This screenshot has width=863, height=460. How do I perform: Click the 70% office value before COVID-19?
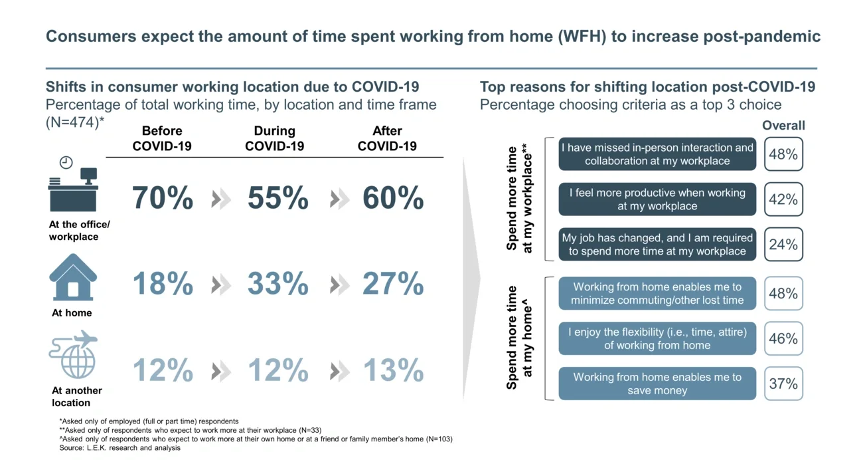coord(163,198)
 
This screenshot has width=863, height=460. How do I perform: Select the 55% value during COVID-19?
coord(277,198)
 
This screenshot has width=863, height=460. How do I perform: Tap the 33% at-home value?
coord(277,285)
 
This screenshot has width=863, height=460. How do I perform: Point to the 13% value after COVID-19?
coord(393,371)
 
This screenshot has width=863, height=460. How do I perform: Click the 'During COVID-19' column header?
coord(275,138)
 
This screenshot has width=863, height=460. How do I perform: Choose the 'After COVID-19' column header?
coord(387,138)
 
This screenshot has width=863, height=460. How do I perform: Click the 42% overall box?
coord(783,199)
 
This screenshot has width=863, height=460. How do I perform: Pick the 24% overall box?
coord(783,245)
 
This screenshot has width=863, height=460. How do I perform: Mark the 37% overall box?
coord(783,384)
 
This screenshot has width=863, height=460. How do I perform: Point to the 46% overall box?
coord(783,338)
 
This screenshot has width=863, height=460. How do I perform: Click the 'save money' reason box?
coord(657,384)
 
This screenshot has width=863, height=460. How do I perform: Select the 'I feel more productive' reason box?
coord(657,199)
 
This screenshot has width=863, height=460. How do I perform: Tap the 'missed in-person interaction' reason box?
coord(657,154)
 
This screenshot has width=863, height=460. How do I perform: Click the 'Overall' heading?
coord(783,126)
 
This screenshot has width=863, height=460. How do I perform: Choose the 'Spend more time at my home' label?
coord(520,338)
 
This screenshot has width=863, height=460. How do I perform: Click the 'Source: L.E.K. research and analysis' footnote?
coord(119,448)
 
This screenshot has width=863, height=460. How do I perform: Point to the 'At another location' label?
coord(77,396)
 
